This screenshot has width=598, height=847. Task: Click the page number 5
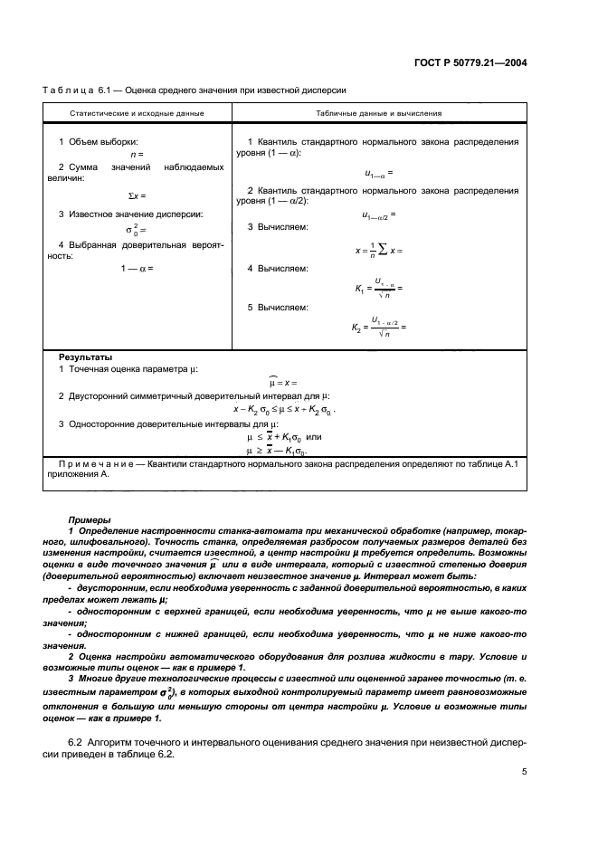click(x=525, y=772)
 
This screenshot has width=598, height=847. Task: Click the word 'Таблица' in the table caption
click(x=69, y=90)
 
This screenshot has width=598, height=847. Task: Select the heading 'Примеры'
click(x=90, y=519)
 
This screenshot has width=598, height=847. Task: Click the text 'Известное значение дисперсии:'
click(x=131, y=214)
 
